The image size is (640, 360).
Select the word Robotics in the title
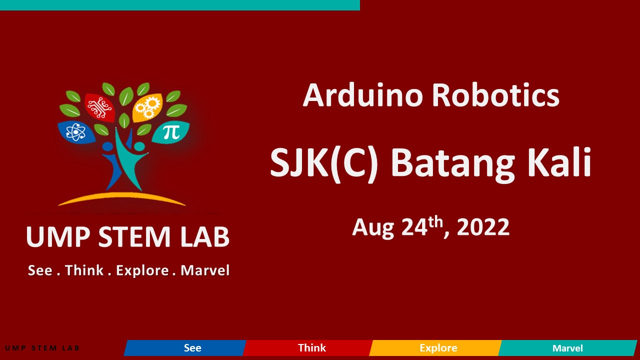click(495, 95)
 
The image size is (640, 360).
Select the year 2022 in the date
click(483, 227)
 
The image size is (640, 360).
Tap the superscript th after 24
click(435, 222)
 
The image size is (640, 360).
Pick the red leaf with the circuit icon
click(100, 106)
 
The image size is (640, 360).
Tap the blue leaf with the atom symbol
click(76, 132)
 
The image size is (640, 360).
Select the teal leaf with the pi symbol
click(171, 132)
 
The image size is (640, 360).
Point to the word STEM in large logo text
click(134, 236)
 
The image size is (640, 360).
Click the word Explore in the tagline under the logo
click(142, 271)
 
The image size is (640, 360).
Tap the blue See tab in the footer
click(185, 347)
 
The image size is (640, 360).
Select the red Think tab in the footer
click(307, 347)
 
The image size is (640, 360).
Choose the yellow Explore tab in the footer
click(435, 347)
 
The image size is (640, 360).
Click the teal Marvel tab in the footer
click(567, 347)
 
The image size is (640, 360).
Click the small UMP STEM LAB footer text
click(42, 348)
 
